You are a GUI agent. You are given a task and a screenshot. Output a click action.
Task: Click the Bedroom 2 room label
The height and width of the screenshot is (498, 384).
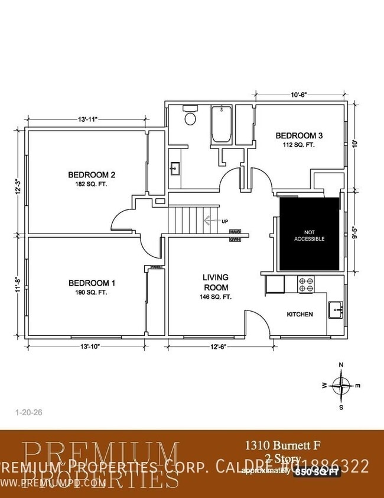click(x=91, y=174)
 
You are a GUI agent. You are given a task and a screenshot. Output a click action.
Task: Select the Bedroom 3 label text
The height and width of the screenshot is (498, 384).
click(x=299, y=136)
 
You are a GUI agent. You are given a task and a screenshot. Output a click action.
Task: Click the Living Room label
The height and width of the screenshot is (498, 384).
click(x=216, y=282)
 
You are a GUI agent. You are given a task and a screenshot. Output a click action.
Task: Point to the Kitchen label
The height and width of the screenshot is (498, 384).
click(x=300, y=314)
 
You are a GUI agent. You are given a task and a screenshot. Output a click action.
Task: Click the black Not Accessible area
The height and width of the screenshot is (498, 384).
click(x=309, y=235)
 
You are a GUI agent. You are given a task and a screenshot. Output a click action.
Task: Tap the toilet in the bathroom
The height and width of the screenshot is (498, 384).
click(x=190, y=117)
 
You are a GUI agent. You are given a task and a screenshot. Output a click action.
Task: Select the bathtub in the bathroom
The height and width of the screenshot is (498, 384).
click(x=222, y=125)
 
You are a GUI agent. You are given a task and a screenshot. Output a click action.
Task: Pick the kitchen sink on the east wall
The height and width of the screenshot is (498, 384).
click(x=337, y=309)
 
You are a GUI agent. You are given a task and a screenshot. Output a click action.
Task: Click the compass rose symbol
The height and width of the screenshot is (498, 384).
click(x=341, y=385)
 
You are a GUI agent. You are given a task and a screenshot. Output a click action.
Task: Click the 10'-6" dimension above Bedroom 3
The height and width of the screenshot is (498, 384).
click(x=299, y=94)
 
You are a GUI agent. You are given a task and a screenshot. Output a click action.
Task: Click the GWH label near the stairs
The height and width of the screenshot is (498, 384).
click(x=235, y=239)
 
